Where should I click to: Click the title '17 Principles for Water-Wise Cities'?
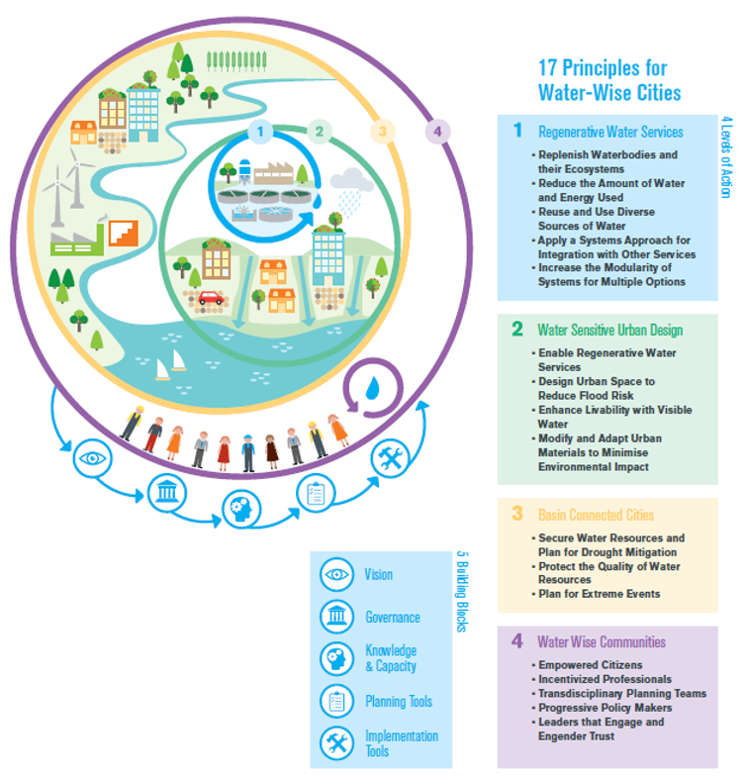click(x=608, y=80)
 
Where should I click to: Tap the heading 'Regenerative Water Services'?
click(x=609, y=132)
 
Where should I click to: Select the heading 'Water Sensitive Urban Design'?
click(x=609, y=330)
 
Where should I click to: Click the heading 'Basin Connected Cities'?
click(x=596, y=515)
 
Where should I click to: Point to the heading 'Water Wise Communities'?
click(x=602, y=641)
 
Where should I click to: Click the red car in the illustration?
click(x=210, y=297)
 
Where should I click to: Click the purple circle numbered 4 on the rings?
click(x=436, y=131)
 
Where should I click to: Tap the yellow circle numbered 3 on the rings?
click(x=382, y=131)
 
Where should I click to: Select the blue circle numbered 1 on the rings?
click(x=259, y=131)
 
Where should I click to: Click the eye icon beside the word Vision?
click(x=336, y=574)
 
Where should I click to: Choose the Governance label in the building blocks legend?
click(x=392, y=617)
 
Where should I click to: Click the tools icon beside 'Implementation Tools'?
click(x=336, y=742)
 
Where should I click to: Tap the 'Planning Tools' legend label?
click(x=398, y=701)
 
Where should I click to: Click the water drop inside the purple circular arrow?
click(x=372, y=388)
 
